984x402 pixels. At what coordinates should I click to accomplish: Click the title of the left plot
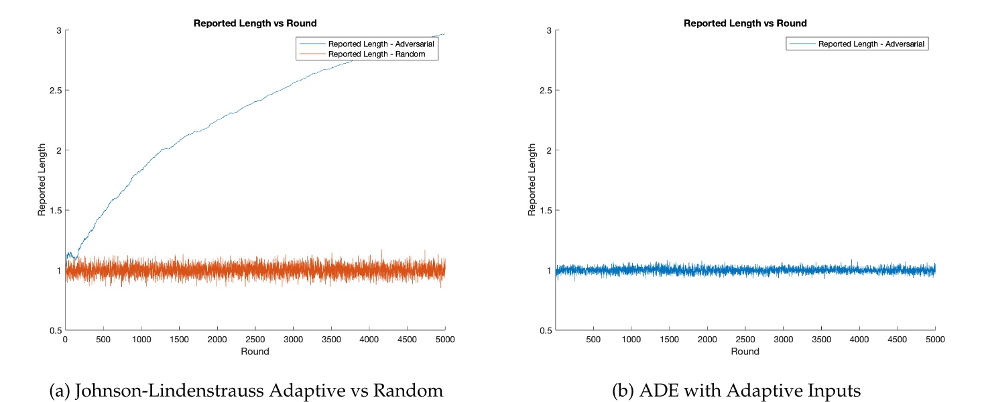tap(255, 23)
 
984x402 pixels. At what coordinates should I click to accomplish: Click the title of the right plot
tap(745, 23)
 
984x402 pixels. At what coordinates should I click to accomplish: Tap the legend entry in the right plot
tap(872, 44)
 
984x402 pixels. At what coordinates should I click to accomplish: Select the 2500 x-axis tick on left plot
tap(255, 340)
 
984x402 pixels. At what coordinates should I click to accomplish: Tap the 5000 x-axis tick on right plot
tap(935, 340)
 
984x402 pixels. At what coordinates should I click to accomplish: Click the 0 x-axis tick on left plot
tap(65, 340)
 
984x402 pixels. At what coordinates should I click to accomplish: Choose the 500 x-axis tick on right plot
tap(593, 340)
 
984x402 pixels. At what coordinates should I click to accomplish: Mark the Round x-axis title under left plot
tap(255, 352)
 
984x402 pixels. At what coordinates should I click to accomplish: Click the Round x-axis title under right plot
tap(745, 352)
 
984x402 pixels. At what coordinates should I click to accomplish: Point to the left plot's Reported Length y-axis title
tap(42, 180)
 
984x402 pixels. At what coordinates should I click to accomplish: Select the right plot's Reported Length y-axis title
tap(532, 180)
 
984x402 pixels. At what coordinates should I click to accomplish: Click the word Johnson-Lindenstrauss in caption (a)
tap(189, 389)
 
